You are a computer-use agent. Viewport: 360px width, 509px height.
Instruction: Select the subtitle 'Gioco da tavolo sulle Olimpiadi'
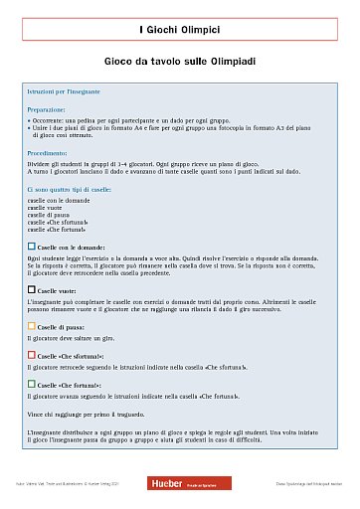tap(180, 62)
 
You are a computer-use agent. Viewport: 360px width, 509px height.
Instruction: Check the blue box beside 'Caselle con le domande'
tap(32, 245)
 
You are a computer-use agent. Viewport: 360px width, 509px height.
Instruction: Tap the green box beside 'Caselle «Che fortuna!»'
tap(32, 382)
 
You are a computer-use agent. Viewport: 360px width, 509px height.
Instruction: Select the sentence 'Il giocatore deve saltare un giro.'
tap(72, 339)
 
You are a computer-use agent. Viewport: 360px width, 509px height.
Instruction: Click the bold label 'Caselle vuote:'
tap(60, 289)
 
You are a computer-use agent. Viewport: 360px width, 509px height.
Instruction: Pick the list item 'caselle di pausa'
tap(51, 214)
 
